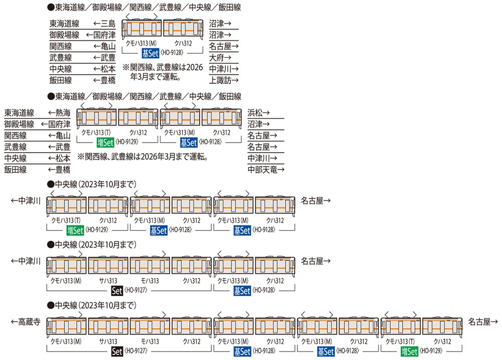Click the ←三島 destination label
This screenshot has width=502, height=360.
click(104, 24)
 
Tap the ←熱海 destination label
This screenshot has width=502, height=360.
click(59, 113)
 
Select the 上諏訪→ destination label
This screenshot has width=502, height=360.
click(224, 80)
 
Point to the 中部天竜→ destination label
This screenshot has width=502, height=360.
click(266, 169)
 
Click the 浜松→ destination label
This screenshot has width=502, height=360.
click(259, 113)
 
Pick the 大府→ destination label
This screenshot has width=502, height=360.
click(220, 58)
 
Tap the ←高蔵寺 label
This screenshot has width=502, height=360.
click(26, 321)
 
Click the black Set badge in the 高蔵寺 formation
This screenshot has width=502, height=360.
click(117, 351)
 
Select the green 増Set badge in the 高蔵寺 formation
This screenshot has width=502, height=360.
click(409, 351)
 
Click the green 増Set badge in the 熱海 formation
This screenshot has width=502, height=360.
click(105, 142)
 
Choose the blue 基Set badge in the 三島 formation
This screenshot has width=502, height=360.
click(150, 53)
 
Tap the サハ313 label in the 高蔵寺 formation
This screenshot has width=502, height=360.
click(108, 341)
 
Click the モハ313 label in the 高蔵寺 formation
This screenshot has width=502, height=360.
click(150, 341)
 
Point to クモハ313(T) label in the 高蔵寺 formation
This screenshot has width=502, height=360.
click(400, 341)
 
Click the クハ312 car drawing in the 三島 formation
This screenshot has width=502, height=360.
click(183, 28)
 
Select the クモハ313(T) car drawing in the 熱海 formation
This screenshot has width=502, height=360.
click(96, 117)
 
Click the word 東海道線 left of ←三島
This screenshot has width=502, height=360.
click(64, 24)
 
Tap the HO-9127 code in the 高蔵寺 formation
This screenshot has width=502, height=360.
click(136, 351)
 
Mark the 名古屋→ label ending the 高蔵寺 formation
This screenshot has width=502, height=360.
click(483, 321)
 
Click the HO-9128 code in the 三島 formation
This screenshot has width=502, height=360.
click(172, 53)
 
